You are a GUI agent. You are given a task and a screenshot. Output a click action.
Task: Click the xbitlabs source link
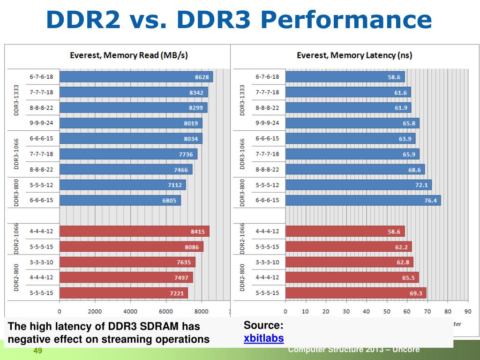[x=264, y=338]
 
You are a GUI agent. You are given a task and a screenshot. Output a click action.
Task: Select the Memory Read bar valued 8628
[x=136, y=76]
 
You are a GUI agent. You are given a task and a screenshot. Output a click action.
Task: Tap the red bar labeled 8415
[x=135, y=231]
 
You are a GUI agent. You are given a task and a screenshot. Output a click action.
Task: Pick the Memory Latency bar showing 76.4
[x=363, y=200]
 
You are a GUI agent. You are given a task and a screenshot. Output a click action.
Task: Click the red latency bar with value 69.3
[x=355, y=293]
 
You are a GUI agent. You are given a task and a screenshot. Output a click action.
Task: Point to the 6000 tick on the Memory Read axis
[x=165, y=311]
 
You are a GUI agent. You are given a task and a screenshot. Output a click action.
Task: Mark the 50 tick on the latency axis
[x=387, y=311]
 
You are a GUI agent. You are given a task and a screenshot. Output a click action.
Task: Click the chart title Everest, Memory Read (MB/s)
[x=128, y=55]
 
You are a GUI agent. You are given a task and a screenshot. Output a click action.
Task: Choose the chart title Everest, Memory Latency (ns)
[x=354, y=55]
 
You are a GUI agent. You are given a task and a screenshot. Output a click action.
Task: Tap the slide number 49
[x=38, y=352]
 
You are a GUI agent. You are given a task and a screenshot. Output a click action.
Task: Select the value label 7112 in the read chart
[x=176, y=185]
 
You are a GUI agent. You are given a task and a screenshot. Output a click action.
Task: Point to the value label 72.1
[x=420, y=185]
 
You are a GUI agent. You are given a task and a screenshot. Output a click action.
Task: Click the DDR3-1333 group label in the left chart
[x=16, y=99]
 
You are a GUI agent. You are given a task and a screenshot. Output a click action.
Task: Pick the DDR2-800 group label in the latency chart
[x=242, y=277]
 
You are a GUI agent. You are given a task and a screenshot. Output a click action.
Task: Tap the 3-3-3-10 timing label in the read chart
[x=42, y=262]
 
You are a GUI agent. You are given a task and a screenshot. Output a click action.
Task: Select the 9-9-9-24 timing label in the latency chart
[x=267, y=123]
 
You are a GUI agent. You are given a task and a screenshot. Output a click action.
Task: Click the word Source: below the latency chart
[x=263, y=325]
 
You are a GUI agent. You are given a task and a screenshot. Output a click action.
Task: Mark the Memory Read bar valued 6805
[x=120, y=200]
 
